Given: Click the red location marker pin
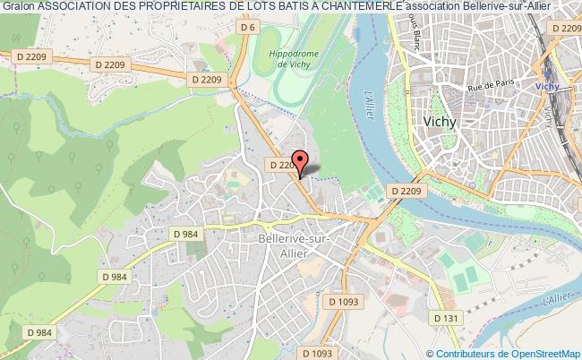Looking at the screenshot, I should pyautogui.click(x=302, y=162).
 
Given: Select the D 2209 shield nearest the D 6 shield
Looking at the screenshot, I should pyautogui.click(x=205, y=81).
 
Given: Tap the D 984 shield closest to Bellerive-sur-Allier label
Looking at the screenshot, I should pyautogui.click(x=186, y=235).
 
